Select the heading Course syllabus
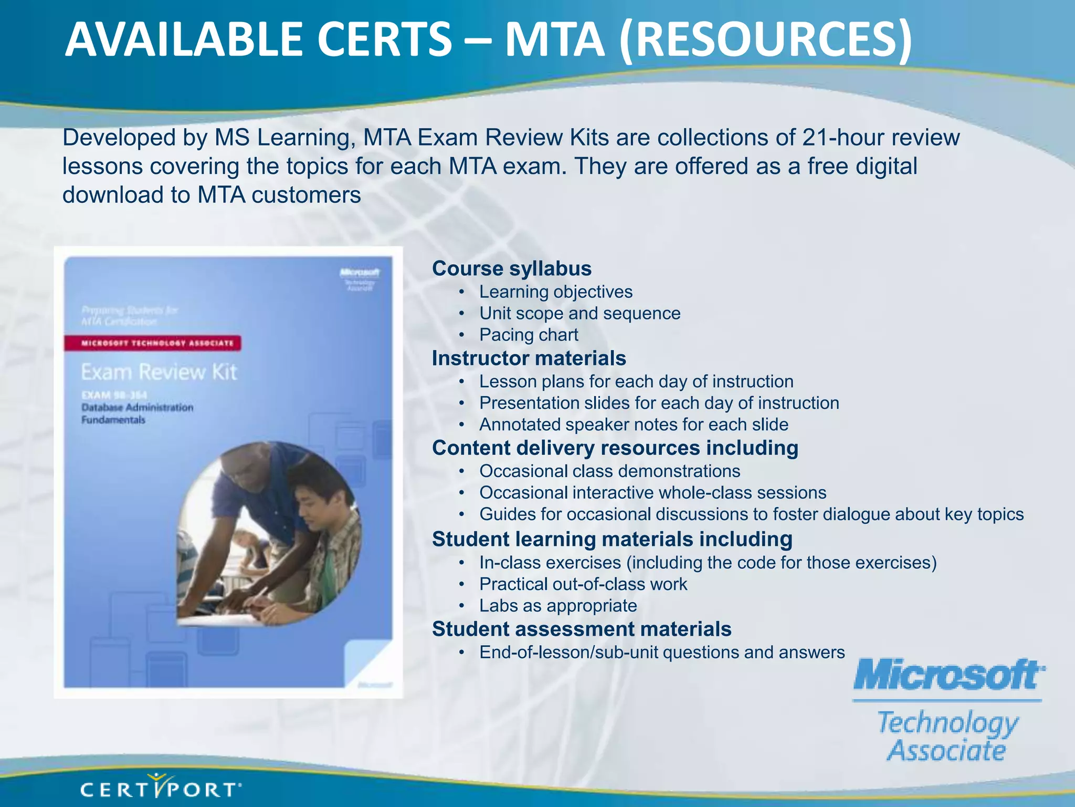[512, 268]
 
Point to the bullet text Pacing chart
[529, 335]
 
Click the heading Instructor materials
[529, 358]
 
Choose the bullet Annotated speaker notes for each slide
[634, 425]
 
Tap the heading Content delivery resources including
[615, 448]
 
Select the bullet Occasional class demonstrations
[609, 471]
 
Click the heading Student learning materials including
[612, 540]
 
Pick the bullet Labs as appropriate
[558, 606]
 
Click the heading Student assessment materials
[582, 629]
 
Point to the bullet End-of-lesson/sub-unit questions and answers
[662, 653]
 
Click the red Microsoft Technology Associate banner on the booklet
[153, 343]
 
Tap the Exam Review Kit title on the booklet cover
[159, 372]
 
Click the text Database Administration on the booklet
[138, 407]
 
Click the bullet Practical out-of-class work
[583, 584]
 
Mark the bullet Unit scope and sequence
[579, 313]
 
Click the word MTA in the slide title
[554, 40]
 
